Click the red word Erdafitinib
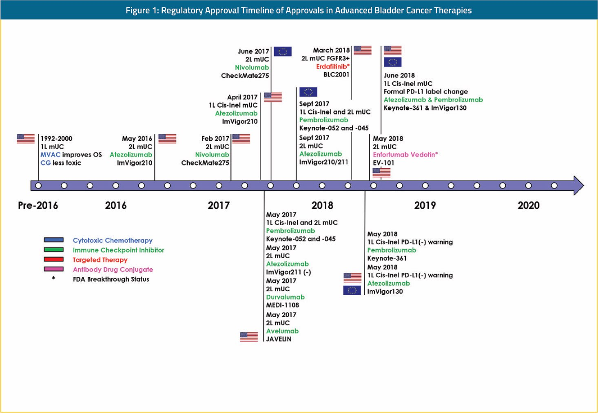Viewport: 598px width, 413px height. click(x=332, y=66)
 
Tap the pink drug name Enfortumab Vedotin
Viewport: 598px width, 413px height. click(x=404, y=155)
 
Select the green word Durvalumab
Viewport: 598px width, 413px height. click(x=285, y=297)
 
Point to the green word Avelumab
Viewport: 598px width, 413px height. click(x=282, y=331)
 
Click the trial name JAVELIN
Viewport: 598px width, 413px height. click(x=279, y=339)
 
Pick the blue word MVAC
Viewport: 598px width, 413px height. click(x=51, y=155)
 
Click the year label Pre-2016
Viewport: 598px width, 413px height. click(x=38, y=205)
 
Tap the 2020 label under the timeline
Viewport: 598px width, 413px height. click(x=529, y=205)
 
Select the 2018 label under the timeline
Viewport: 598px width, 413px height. click(x=322, y=205)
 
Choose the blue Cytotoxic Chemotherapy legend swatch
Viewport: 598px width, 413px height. click(x=54, y=240)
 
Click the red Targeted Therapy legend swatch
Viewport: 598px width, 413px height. click(x=54, y=259)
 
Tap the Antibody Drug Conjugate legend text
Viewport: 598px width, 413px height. click(x=113, y=269)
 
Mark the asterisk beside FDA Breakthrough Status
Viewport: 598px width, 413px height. click(x=54, y=278)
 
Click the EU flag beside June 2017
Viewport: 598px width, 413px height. click(x=283, y=51)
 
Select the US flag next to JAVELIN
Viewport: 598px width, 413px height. click(x=249, y=337)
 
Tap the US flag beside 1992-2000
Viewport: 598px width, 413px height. click(x=26, y=139)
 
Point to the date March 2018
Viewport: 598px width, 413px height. click(x=331, y=50)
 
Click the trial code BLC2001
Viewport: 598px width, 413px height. click(x=337, y=75)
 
